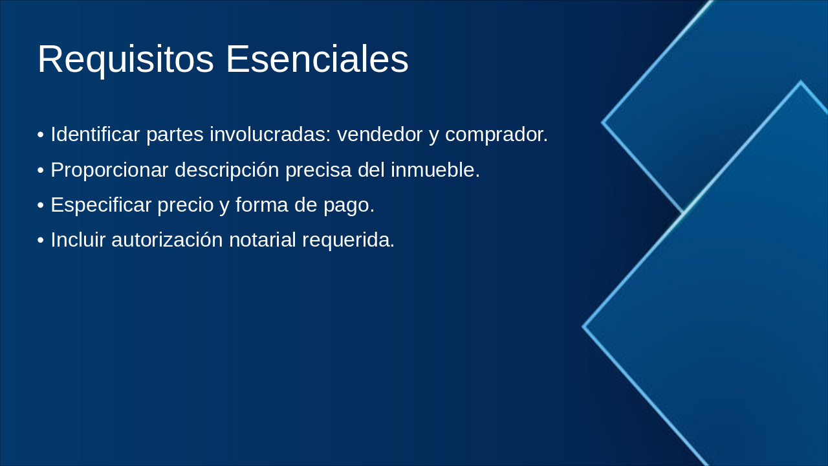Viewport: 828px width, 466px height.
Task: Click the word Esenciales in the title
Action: click(317, 59)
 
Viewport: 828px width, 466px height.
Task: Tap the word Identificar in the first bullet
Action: click(95, 134)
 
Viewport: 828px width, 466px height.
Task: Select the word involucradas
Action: click(270, 134)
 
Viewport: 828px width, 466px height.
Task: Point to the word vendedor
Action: click(380, 134)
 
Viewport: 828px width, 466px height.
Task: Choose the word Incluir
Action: click(78, 239)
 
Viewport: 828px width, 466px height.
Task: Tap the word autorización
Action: click(167, 239)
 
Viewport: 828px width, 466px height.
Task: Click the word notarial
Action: click(263, 239)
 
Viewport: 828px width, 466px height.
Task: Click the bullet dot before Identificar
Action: click(41, 135)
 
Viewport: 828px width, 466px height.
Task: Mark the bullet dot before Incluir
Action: click(41, 240)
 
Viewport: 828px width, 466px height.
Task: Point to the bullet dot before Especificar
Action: click(41, 205)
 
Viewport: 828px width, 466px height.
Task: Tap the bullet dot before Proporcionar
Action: click(41, 170)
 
